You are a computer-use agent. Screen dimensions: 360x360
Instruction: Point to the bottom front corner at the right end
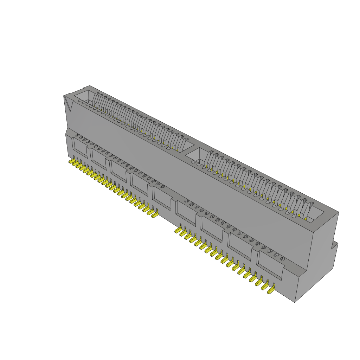(295, 302)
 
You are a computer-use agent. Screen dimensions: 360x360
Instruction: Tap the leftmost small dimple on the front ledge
(77, 135)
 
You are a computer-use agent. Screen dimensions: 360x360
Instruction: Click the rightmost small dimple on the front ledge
(281, 259)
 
